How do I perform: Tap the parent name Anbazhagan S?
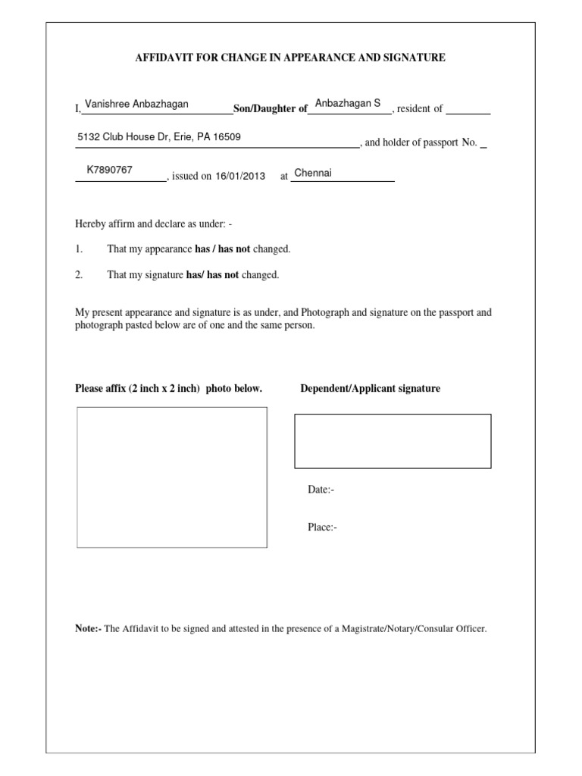[348, 103]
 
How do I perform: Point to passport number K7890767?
[110, 170]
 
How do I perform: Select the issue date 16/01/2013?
[240, 176]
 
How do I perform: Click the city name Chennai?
[313, 173]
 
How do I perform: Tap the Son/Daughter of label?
[270, 109]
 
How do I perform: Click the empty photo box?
[172, 477]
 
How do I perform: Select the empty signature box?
[393, 441]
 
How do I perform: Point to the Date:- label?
[321, 490]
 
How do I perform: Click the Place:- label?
[322, 527]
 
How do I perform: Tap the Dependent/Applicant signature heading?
[370, 389]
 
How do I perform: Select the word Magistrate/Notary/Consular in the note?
[393, 628]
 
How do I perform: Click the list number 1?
[78, 249]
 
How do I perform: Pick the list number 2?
[78, 275]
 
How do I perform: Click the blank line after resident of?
[468, 111]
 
